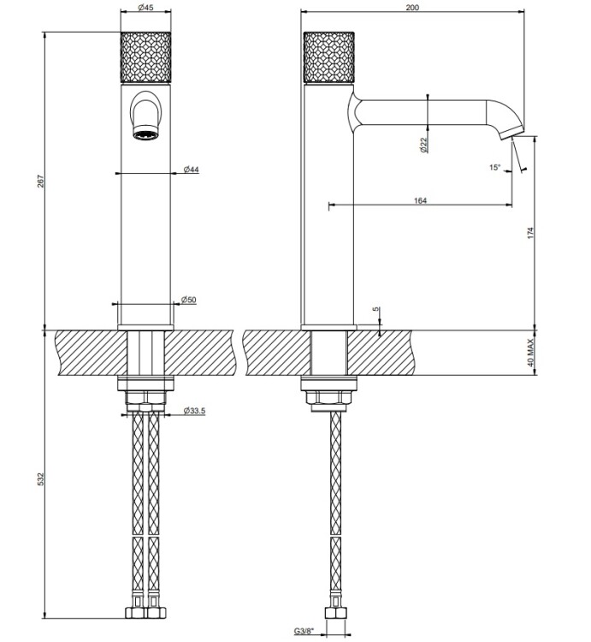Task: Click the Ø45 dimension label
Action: [145, 8]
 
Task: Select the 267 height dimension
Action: [40, 181]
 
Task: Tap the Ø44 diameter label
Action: [191, 169]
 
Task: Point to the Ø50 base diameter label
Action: [188, 300]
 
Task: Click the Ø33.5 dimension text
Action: [194, 410]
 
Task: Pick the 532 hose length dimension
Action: [40, 479]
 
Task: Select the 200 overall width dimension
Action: [413, 8]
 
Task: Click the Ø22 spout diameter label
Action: [423, 145]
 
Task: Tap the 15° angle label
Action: [495, 167]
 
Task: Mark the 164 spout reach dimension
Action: [421, 200]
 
